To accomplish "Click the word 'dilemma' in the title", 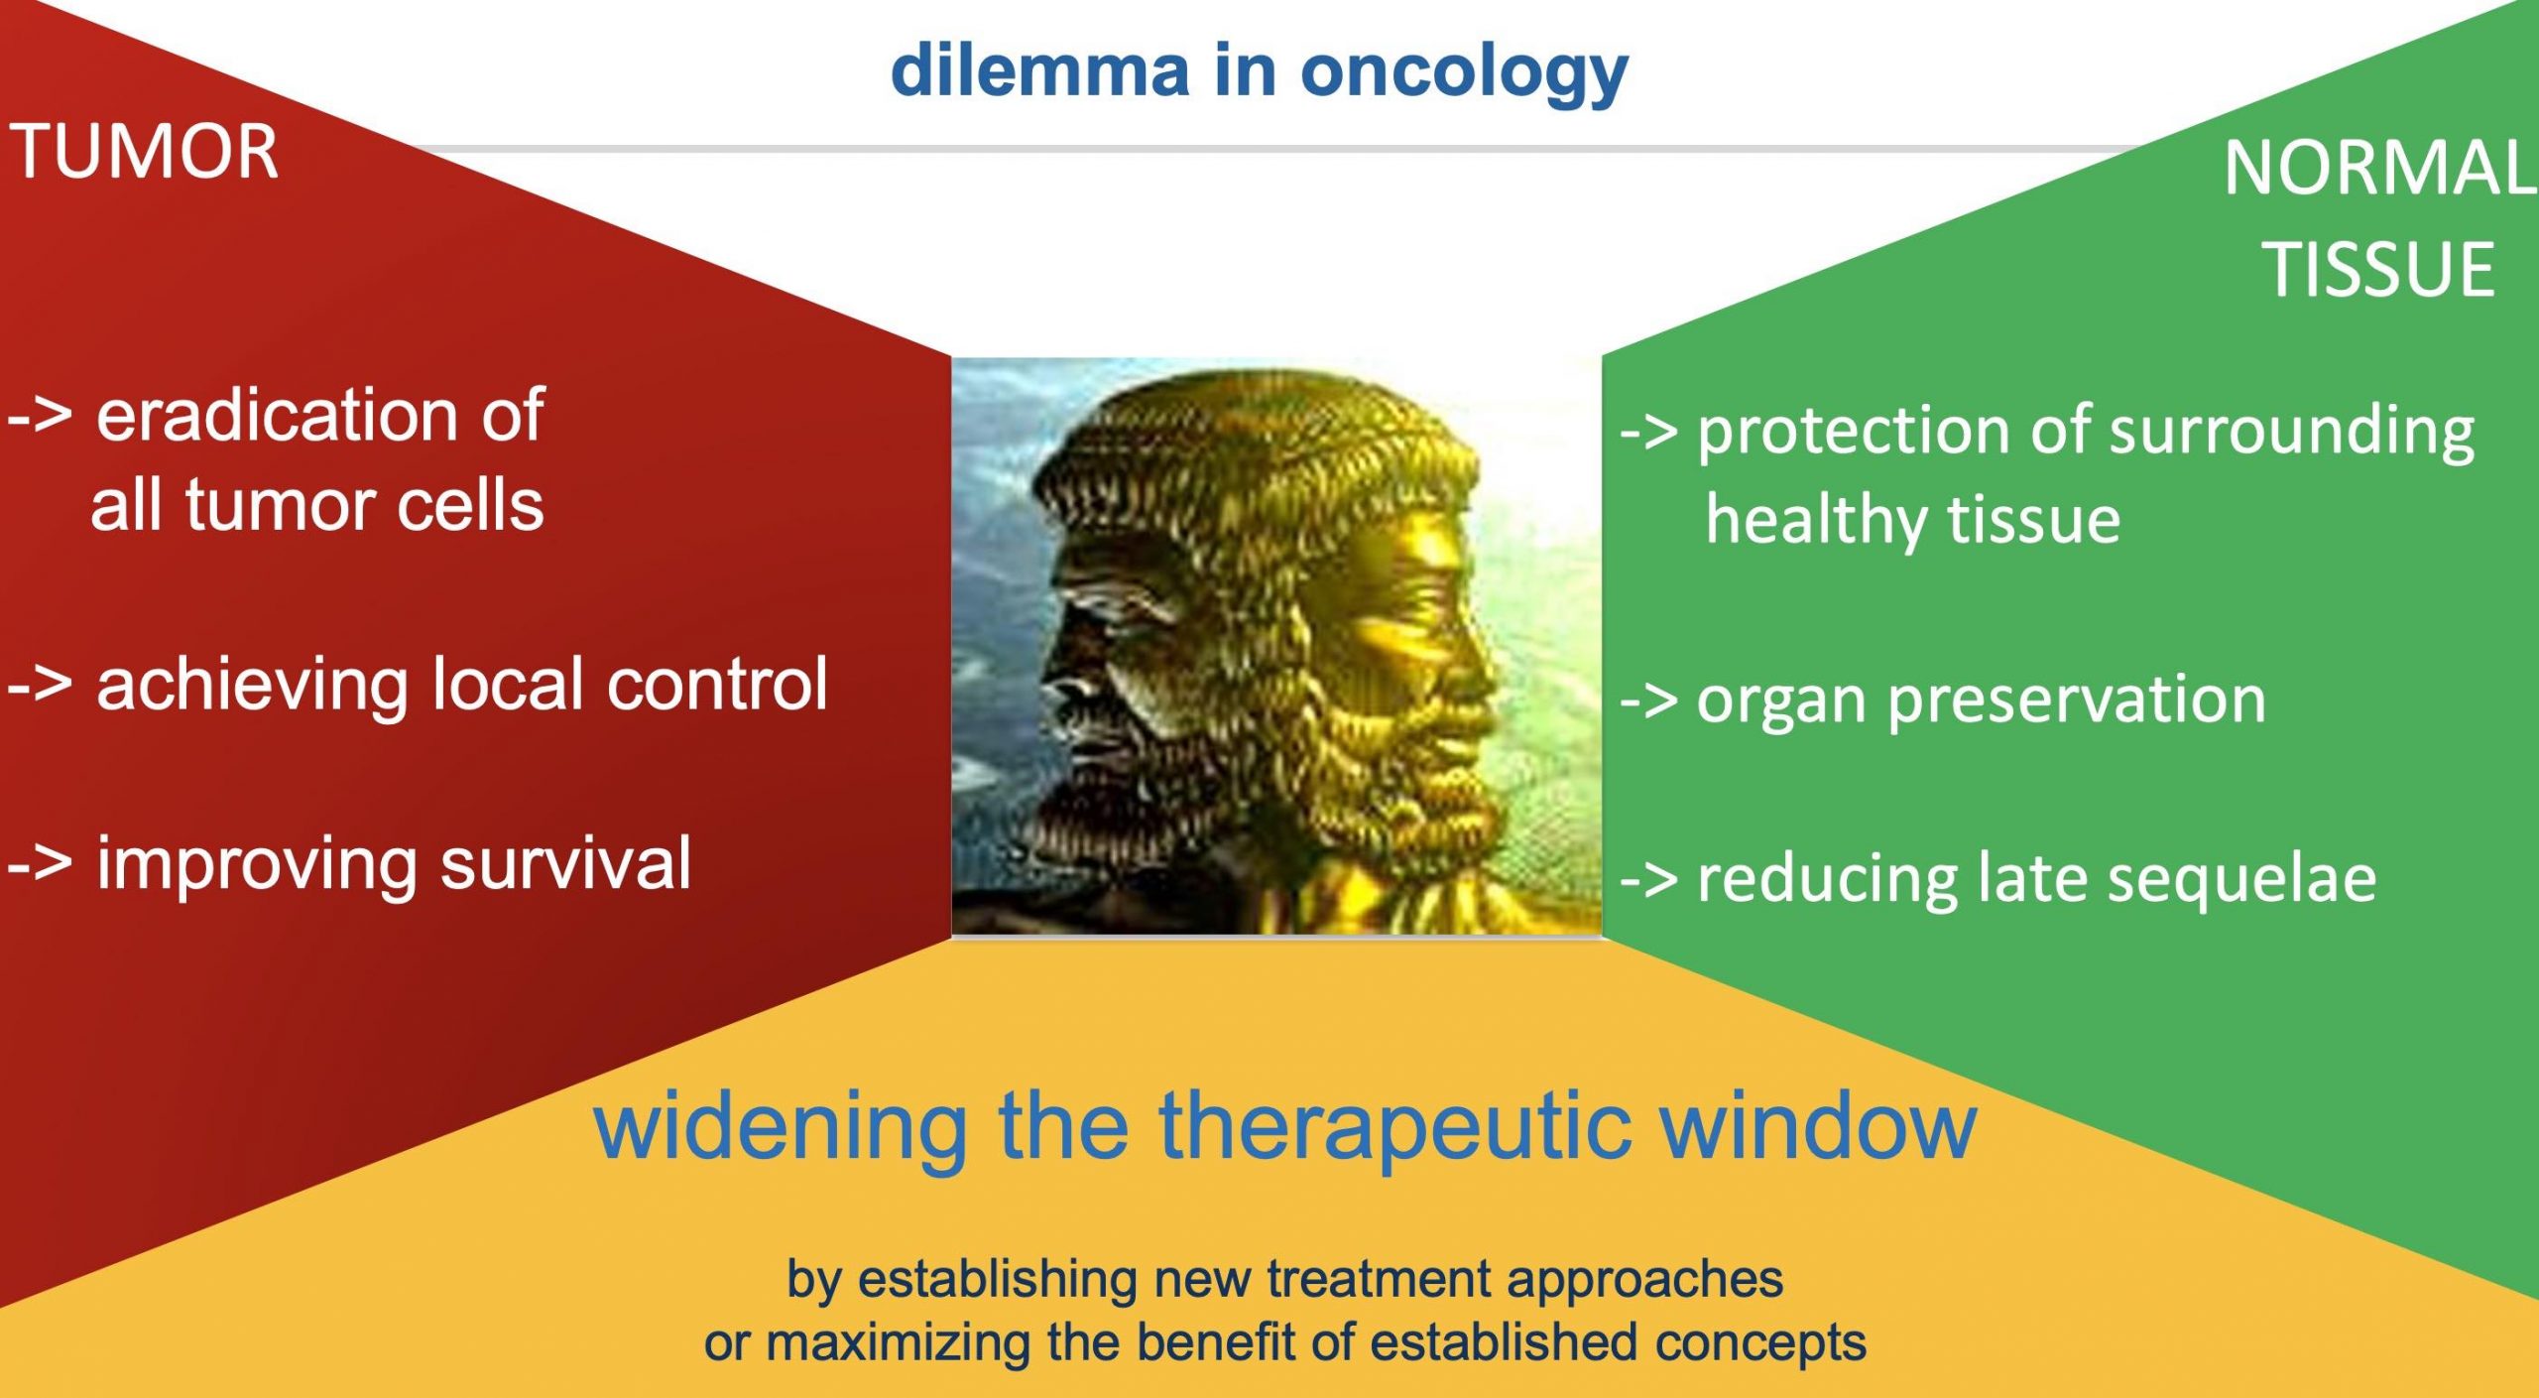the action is pyautogui.click(x=1040, y=71).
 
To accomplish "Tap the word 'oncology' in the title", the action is pyautogui.click(x=1465, y=76).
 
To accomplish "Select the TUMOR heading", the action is pyautogui.click(x=145, y=153).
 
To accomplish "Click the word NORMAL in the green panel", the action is pyautogui.click(x=2379, y=168).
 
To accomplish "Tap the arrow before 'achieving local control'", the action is pyautogui.click(x=40, y=685).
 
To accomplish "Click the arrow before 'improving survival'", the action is pyautogui.click(x=40, y=864).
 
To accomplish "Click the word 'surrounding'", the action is pyautogui.click(x=2292, y=433).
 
